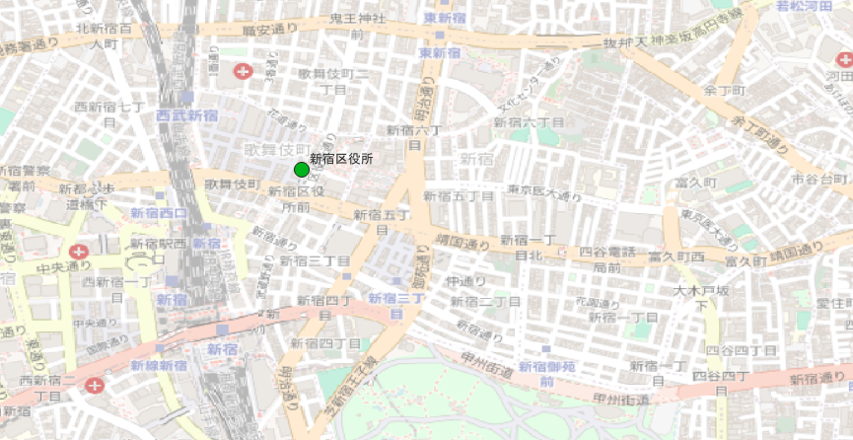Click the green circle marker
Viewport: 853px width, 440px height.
[302, 170]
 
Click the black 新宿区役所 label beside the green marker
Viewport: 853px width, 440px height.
[341, 158]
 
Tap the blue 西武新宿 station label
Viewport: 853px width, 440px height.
[186, 115]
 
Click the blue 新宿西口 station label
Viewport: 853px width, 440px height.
[159, 214]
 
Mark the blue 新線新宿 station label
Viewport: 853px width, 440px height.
[159, 365]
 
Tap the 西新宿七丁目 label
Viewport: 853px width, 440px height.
[109, 112]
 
